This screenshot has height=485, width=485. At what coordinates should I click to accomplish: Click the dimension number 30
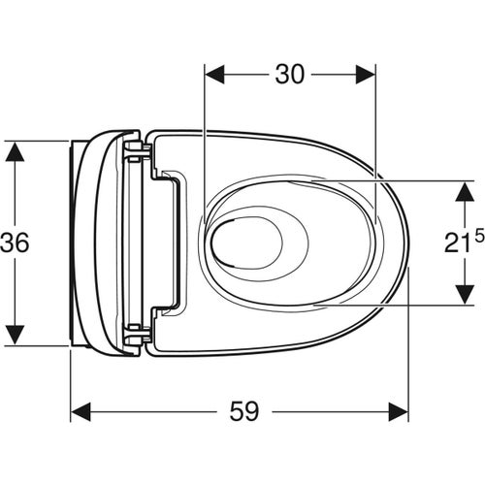pos(288,75)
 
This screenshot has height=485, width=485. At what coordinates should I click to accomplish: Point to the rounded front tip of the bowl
pos(405,242)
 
